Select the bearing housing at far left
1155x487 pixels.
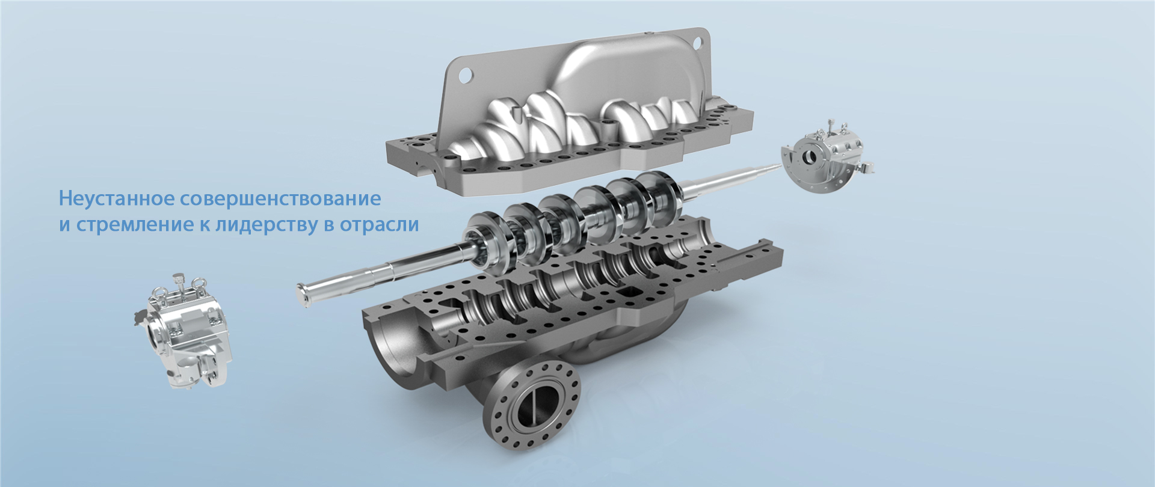coord(183,329)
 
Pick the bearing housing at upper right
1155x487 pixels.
coord(827,158)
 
